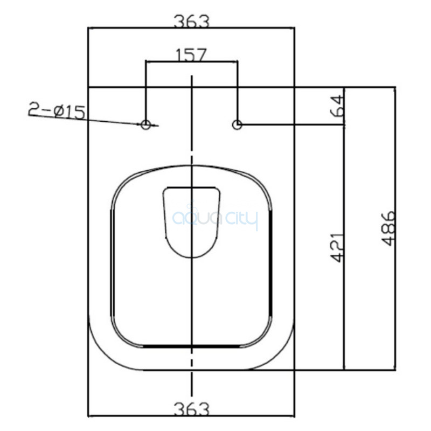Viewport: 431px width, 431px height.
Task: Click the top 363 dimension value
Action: pyautogui.click(x=192, y=22)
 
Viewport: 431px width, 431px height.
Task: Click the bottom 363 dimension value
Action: pyautogui.click(x=192, y=409)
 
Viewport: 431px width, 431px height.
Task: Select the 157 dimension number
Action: pyautogui.click(x=191, y=55)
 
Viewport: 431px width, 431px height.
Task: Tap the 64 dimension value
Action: pyautogui.click(x=338, y=106)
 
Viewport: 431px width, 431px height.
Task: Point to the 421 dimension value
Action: pyautogui.click(x=337, y=247)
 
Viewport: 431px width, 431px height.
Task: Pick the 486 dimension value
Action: pyautogui.click(x=388, y=228)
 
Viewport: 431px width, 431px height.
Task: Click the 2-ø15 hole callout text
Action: pyautogui.click(x=57, y=110)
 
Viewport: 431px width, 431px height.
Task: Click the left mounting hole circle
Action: pyautogui.click(x=145, y=124)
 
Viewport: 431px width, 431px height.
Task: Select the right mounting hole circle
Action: pyautogui.click(x=237, y=124)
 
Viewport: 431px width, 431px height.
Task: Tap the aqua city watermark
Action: pyautogui.click(x=215, y=219)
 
